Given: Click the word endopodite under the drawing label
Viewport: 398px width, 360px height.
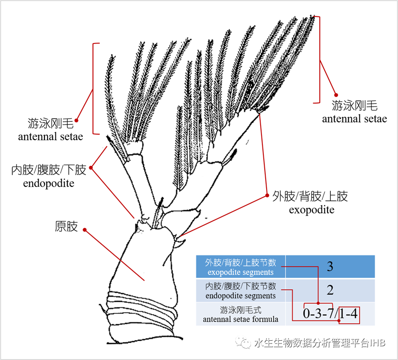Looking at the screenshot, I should coord(49,184).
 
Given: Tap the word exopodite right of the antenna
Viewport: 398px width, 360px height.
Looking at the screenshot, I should coord(311,210).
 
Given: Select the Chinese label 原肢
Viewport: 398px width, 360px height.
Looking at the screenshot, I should coord(66,226).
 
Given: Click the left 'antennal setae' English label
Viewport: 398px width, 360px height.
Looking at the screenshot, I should coord(50,136).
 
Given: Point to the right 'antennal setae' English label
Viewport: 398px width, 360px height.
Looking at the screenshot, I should coord(354,119).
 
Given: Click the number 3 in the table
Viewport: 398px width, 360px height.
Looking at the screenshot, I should coord(330,267).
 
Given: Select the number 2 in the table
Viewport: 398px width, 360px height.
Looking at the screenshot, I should coord(330,290).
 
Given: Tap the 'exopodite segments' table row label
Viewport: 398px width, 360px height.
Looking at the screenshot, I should coord(240,273).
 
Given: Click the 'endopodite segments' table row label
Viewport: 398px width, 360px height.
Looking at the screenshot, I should coord(240,296).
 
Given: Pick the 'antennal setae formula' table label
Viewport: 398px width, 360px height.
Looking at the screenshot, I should coord(240,319).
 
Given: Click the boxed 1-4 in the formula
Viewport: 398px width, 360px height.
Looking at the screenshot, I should coord(349,315).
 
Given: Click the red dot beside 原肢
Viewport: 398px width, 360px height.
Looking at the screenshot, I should coord(85,230).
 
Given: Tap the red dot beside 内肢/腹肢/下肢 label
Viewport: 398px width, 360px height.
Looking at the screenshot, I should coord(91,168).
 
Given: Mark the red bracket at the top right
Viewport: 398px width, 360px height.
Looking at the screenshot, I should coord(319,60).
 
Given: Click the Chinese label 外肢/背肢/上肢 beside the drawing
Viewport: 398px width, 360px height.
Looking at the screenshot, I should coord(310,197).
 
